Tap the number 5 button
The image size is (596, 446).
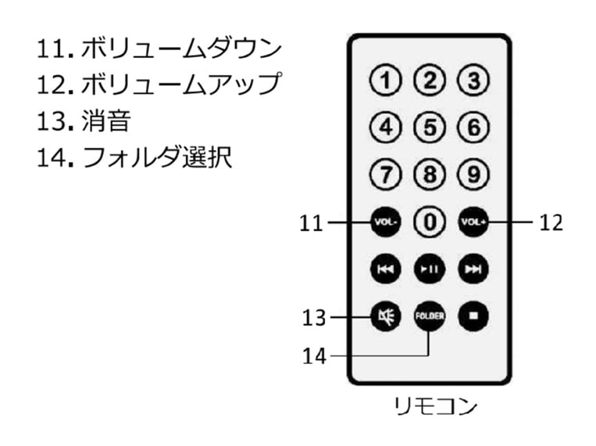coord(429,127)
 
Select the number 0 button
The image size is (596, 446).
coord(429,222)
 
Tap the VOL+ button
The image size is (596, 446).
coord(473,222)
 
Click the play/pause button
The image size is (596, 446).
coord(429,269)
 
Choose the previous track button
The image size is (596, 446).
coord(385,269)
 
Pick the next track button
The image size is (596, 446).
coord(473,269)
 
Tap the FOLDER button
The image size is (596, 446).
coord(429,316)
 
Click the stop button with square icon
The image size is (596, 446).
coord(473,316)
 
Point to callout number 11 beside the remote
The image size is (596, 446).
coord(310,223)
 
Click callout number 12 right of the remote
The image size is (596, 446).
coord(551,223)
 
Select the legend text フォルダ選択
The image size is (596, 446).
coord(156,157)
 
